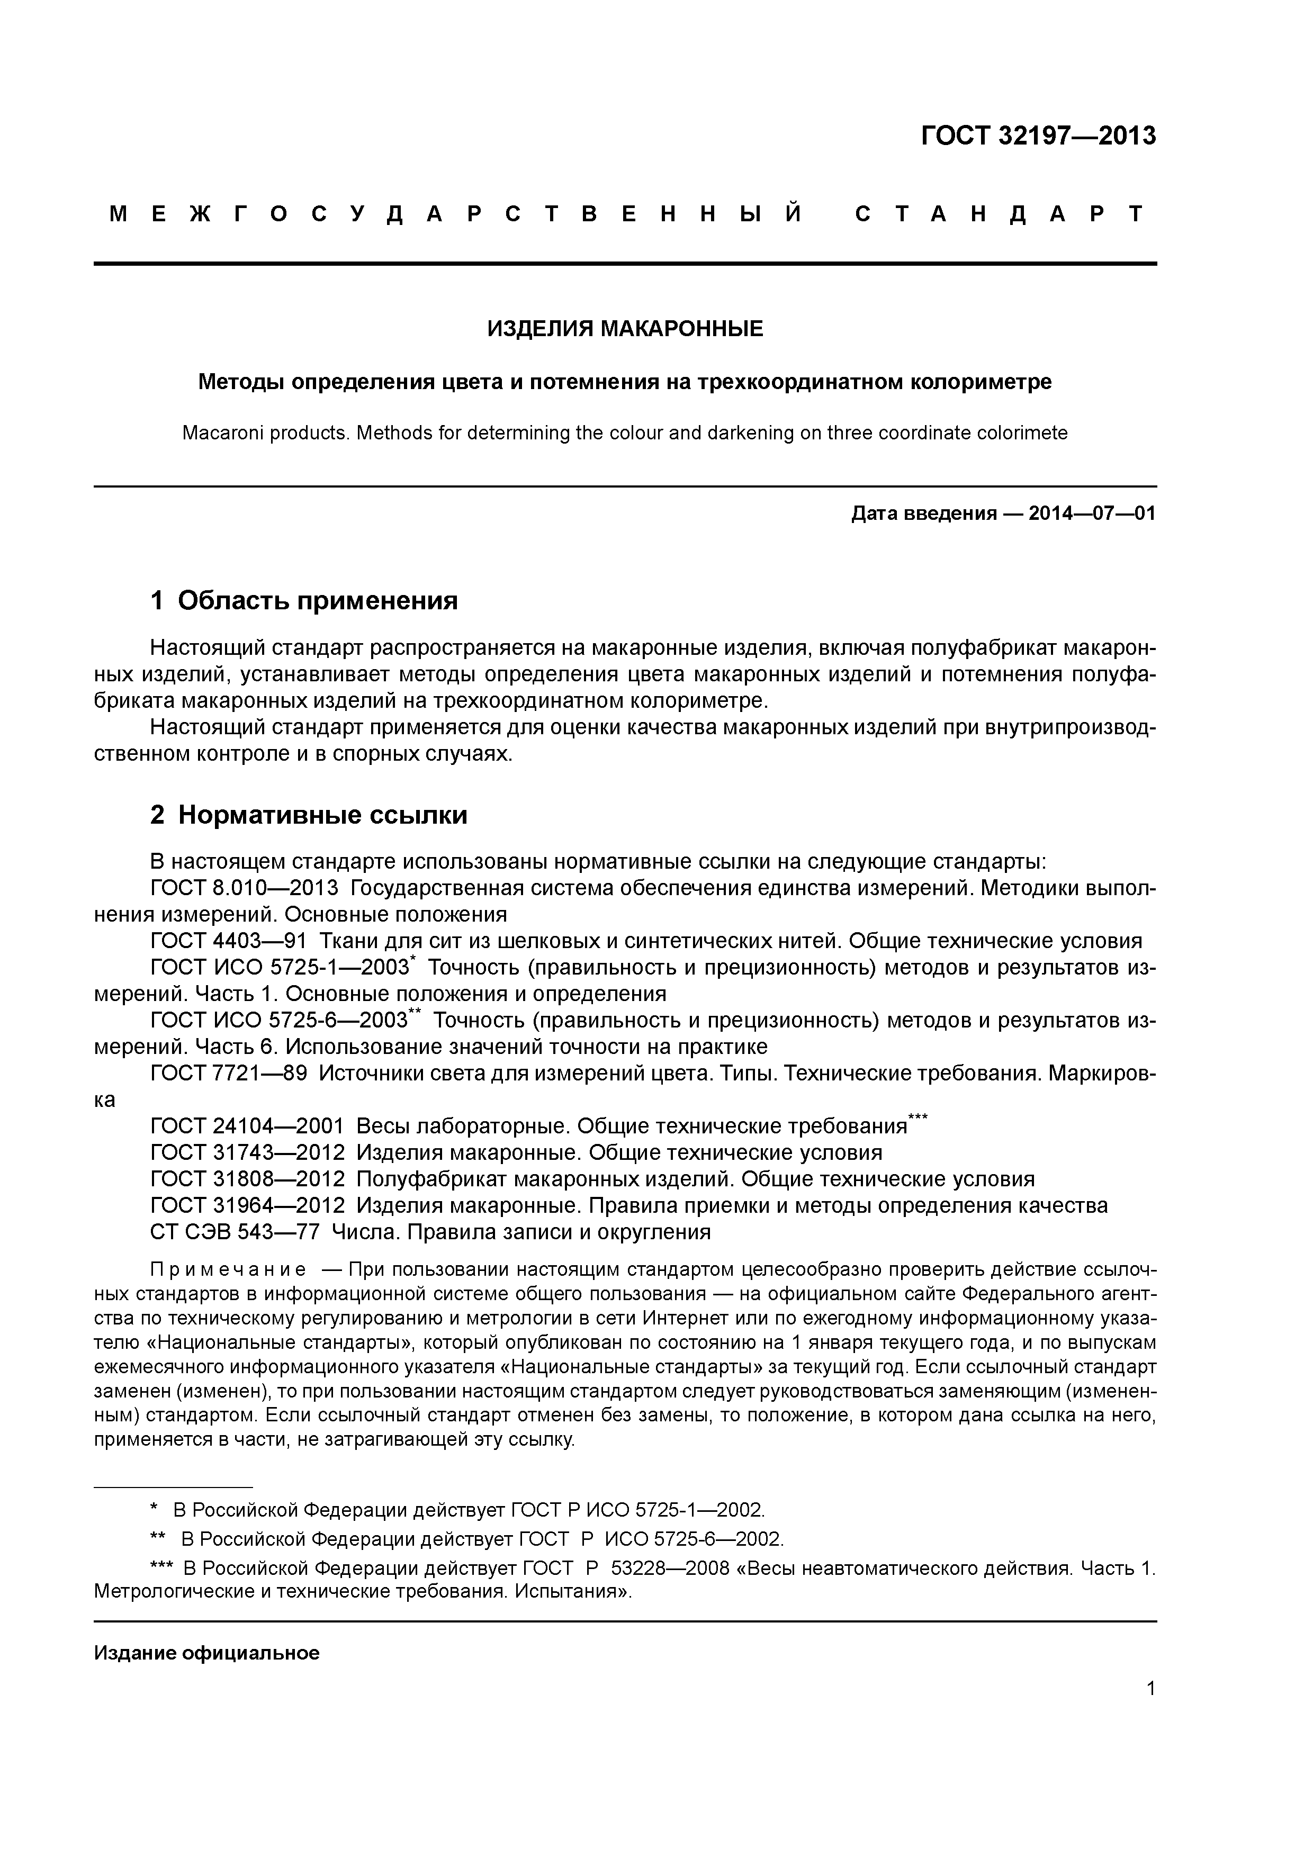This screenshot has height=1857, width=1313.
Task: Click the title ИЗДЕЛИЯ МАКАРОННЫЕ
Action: [x=625, y=329]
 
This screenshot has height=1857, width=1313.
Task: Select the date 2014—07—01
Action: [x=1091, y=513]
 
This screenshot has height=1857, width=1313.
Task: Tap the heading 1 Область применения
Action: [x=304, y=600]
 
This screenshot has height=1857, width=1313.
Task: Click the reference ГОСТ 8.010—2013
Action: [x=244, y=888]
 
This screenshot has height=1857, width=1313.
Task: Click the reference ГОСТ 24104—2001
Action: [x=247, y=1126]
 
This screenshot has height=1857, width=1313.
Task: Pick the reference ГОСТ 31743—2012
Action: [x=247, y=1152]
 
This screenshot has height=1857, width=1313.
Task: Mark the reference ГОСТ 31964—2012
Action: [x=247, y=1205]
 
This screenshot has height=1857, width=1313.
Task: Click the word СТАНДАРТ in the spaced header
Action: [x=1000, y=214]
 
